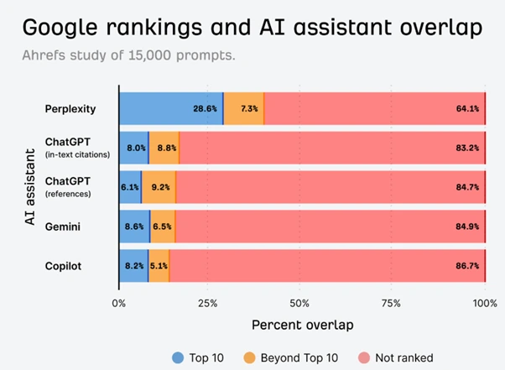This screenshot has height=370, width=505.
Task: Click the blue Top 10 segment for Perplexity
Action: pos(171,108)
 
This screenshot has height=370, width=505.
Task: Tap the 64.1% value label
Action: pos(467,108)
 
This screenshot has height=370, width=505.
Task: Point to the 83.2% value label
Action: pos(467,147)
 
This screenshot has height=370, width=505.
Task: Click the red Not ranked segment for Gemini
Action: pos(327,225)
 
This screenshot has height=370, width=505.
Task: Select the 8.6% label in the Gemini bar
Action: pos(133,225)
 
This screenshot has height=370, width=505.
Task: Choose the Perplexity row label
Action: pos(70,108)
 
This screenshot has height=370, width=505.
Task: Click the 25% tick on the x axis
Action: pos(210,301)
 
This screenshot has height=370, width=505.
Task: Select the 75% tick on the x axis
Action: pos(393,301)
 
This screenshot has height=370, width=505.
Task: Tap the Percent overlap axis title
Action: pos(301,324)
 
